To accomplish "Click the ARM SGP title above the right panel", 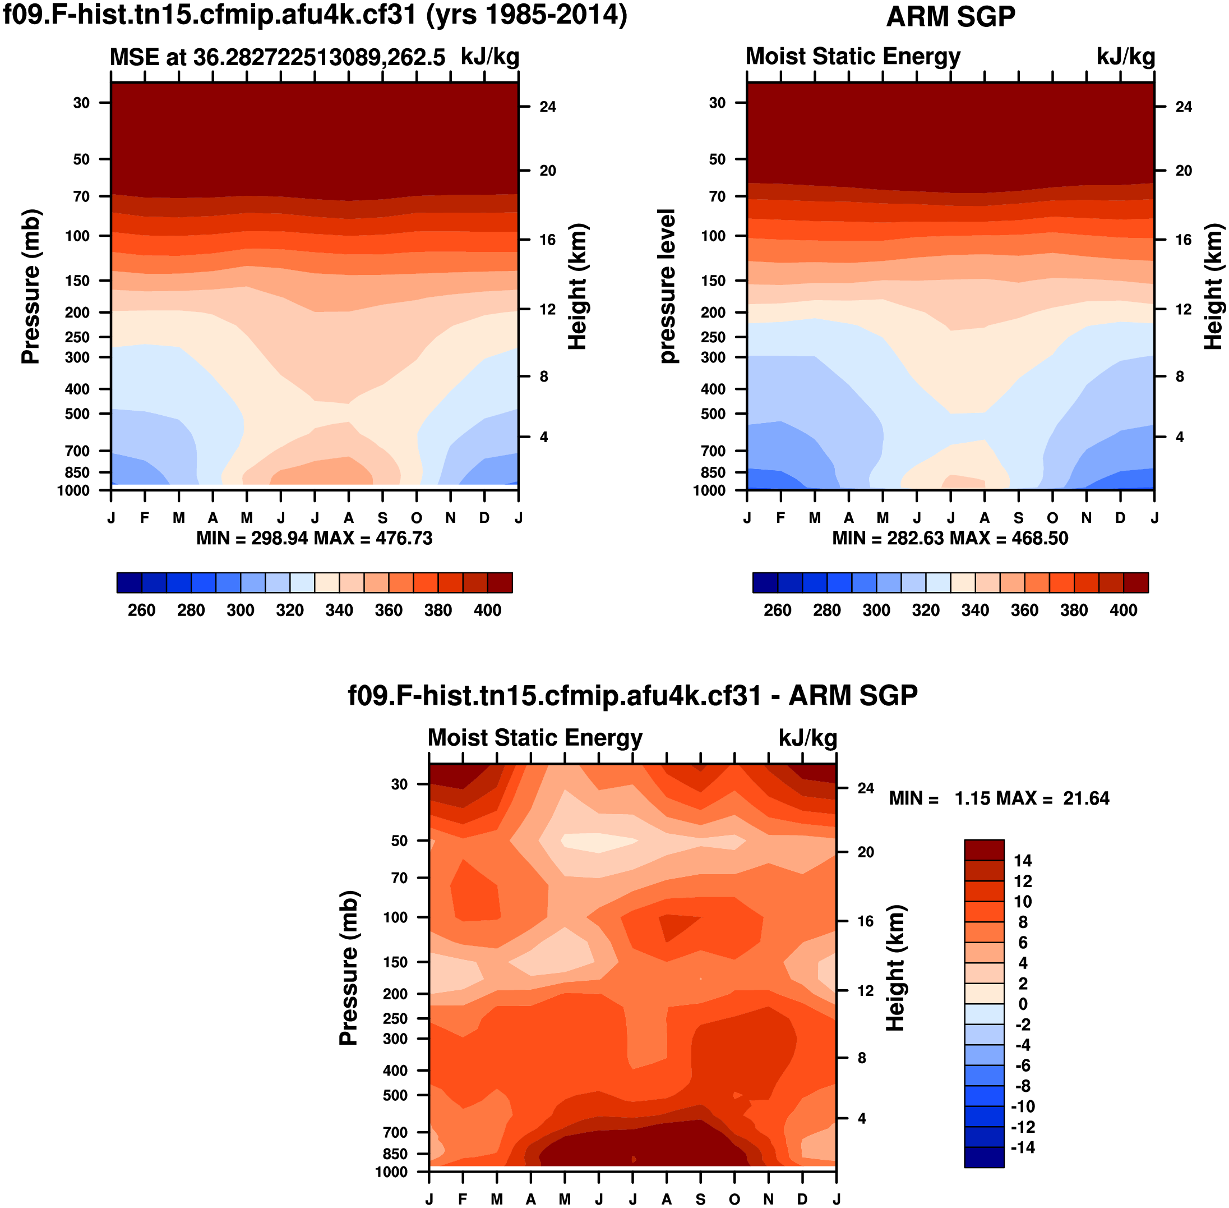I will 950,16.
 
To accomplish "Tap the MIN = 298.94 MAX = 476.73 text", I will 314,538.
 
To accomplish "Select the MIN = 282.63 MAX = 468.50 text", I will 950,538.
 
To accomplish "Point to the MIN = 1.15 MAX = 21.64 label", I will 999,798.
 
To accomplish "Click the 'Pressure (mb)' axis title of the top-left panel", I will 30,286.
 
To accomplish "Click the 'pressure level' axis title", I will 667,286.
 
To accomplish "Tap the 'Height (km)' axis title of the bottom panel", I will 894,967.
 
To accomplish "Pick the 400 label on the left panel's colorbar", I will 487,610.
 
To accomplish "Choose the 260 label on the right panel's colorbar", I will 777,610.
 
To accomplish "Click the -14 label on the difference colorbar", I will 1022,1147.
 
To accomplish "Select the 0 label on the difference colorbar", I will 1022,1004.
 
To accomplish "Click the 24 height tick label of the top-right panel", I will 1184,107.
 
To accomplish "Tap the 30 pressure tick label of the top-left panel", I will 81,103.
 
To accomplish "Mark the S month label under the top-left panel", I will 382,518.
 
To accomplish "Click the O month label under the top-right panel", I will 1052,518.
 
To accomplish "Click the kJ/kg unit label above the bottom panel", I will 807,738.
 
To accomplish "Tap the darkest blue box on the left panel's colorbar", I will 130,582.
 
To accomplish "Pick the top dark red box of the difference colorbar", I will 983,850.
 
